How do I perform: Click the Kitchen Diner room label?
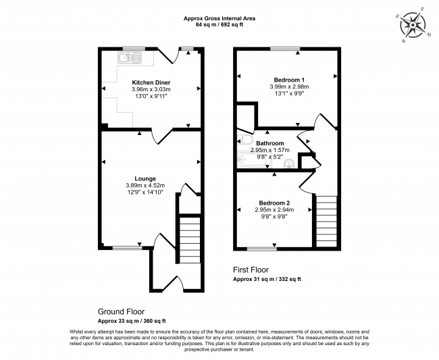151,82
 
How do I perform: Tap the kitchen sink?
127,59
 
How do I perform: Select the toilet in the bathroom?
244,141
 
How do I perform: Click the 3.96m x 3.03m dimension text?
151,90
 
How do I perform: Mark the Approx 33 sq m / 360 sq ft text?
132,321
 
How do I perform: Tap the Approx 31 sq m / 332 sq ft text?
267,278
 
